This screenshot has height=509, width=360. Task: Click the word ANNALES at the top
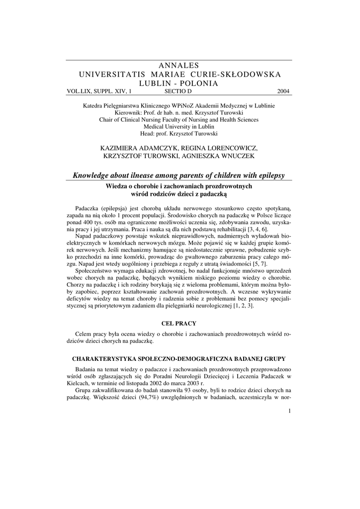180,66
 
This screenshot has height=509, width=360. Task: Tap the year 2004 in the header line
284,91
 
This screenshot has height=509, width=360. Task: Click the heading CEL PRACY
180,324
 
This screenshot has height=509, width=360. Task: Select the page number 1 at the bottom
289,411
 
